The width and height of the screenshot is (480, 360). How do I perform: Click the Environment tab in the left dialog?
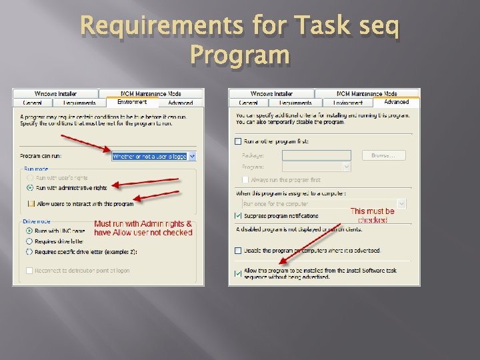[132, 102]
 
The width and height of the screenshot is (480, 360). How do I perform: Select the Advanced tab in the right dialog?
[396, 102]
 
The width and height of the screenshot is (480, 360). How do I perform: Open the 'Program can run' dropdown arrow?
[192, 157]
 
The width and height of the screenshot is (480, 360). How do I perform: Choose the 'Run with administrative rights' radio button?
[29, 188]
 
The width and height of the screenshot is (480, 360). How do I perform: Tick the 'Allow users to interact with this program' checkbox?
[31, 203]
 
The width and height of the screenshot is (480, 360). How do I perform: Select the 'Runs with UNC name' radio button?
[29, 231]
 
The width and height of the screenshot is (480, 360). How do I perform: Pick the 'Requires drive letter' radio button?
[29, 241]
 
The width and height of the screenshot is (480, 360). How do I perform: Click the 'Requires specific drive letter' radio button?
[29, 252]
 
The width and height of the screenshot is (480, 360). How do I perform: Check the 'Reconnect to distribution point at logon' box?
[29, 270]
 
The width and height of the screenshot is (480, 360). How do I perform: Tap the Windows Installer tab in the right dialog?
[271, 93]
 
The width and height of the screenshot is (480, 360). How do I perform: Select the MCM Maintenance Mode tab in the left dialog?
[151, 93]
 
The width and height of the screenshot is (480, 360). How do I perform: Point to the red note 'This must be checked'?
[372, 215]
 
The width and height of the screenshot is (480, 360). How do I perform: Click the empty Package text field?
[316, 155]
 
